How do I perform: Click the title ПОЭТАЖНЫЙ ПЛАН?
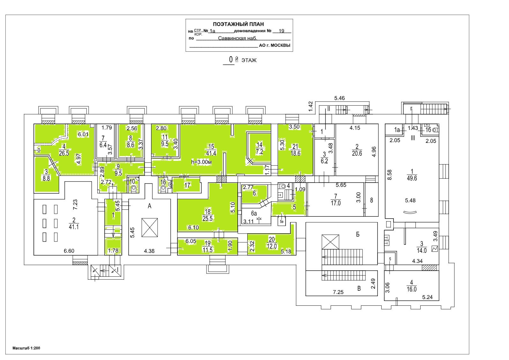(x=238, y=24)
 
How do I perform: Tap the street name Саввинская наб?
(x=237, y=38)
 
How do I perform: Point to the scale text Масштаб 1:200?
(x=26, y=348)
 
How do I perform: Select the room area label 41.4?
(x=211, y=153)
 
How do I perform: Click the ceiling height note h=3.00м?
(x=201, y=162)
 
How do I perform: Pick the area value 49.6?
(x=412, y=178)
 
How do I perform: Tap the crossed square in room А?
(x=150, y=228)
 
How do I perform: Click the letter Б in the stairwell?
(x=358, y=234)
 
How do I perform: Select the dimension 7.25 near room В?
(x=338, y=292)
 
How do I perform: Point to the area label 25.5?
(x=207, y=219)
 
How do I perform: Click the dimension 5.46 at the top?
(x=339, y=98)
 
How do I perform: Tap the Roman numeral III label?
(x=413, y=138)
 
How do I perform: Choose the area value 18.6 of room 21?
(x=296, y=154)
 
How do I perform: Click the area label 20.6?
(x=357, y=154)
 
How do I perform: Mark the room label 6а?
(x=254, y=214)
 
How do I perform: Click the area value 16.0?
(x=412, y=289)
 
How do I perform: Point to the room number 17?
(x=187, y=185)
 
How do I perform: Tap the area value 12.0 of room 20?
(x=272, y=246)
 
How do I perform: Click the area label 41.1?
(x=74, y=227)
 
